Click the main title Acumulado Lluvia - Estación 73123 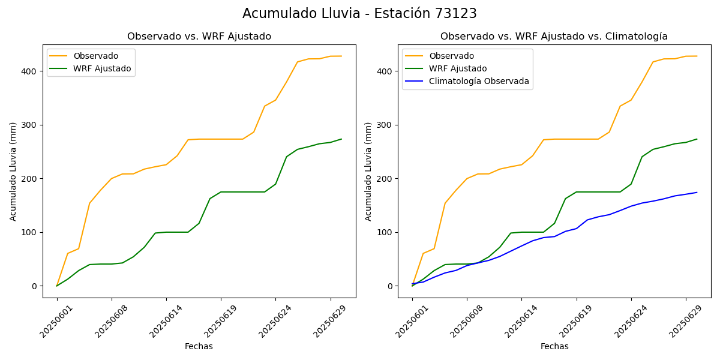(359, 14)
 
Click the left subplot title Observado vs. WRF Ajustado (199, 37)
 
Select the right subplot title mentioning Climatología (554, 37)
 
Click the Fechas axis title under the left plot (199, 346)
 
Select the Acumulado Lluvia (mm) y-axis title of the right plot (368, 171)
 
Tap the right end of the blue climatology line (697, 193)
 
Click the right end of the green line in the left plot (341, 139)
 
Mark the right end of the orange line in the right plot (697, 56)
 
